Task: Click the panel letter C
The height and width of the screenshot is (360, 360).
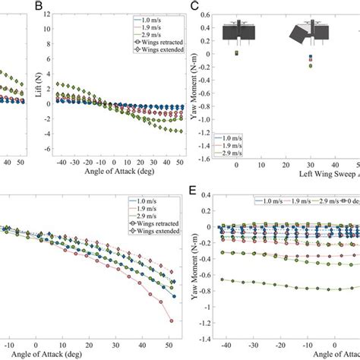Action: click(195, 7)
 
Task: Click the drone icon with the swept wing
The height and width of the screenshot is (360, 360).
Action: click(308, 35)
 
